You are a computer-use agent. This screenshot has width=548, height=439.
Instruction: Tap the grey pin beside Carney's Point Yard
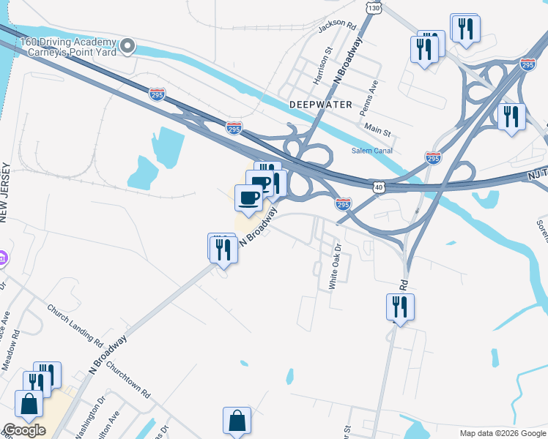click(128, 46)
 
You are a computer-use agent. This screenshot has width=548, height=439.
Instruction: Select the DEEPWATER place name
click(320, 105)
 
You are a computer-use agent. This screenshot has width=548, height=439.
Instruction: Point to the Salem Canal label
click(372, 150)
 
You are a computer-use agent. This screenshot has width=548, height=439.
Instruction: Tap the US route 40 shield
click(378, 187)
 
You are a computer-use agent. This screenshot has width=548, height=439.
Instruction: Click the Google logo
click(24, 429)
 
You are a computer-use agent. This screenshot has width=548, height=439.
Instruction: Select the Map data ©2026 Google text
click(503, 433)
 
